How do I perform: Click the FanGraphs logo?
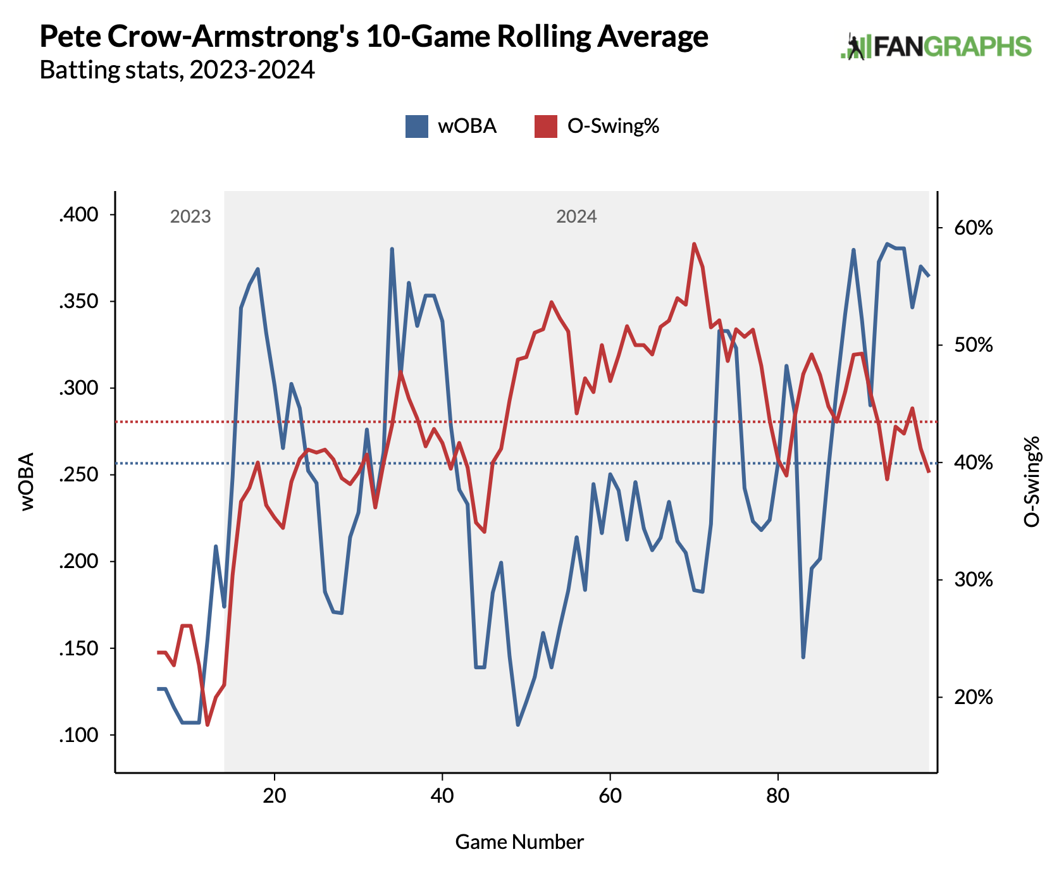pyautogui.click(x=936, y=47)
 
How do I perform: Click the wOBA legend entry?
pyautogui.click(x=451, y=126)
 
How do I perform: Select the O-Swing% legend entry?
pyautogui.click(x=597, y=126)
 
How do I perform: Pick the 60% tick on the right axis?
pyautogui.click(x=974, y=228)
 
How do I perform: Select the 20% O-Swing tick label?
pyautogui.click(x=974, y=698)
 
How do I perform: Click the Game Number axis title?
pyautogui.click(x=519, y=842)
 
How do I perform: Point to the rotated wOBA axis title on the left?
pyautogui.click(x=27, y=481)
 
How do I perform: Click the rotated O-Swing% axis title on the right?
pyautogui.click(x=1031, y=481)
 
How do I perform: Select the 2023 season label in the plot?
pyautogui.click(x=190, y=217)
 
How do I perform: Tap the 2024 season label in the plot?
pyautogui.click(x=576, y=217)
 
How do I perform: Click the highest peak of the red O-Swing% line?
pyautogui.click(x=694, y=244)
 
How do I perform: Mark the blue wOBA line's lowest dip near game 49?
pyautogui.click(x=517, y=725)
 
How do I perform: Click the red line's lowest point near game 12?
pyautogui.click(x=207, y=725)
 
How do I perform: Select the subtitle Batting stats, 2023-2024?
pyautogui.click(x=177, y=70)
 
